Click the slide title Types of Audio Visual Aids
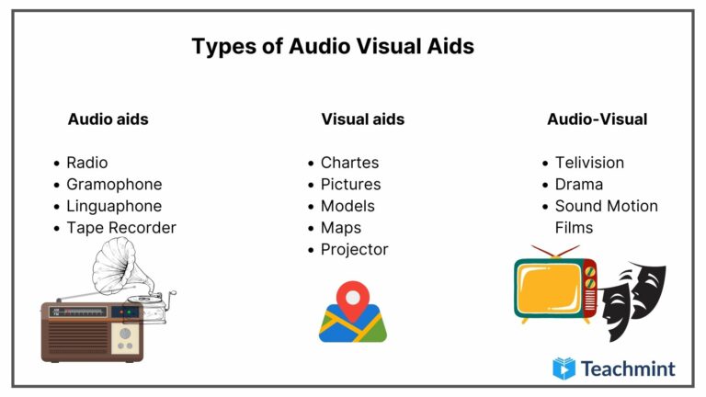coord(333,46)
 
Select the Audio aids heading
coord(108,119)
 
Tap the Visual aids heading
coord(362,119)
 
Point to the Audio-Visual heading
coord(597,119)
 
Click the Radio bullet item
coord(86,163)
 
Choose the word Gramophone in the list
coord(114,185)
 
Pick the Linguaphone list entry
coord(114,206)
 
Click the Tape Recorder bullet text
coord(120,228)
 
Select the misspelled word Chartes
coord(349,163)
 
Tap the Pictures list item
coord(350,185)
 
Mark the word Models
coord(347,206)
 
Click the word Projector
coord(354,250)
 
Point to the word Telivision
coord(589,163)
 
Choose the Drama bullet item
coord(579,185)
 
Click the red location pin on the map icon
coord(352,298)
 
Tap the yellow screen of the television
coord(548,288)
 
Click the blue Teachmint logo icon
coord(564,369)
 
